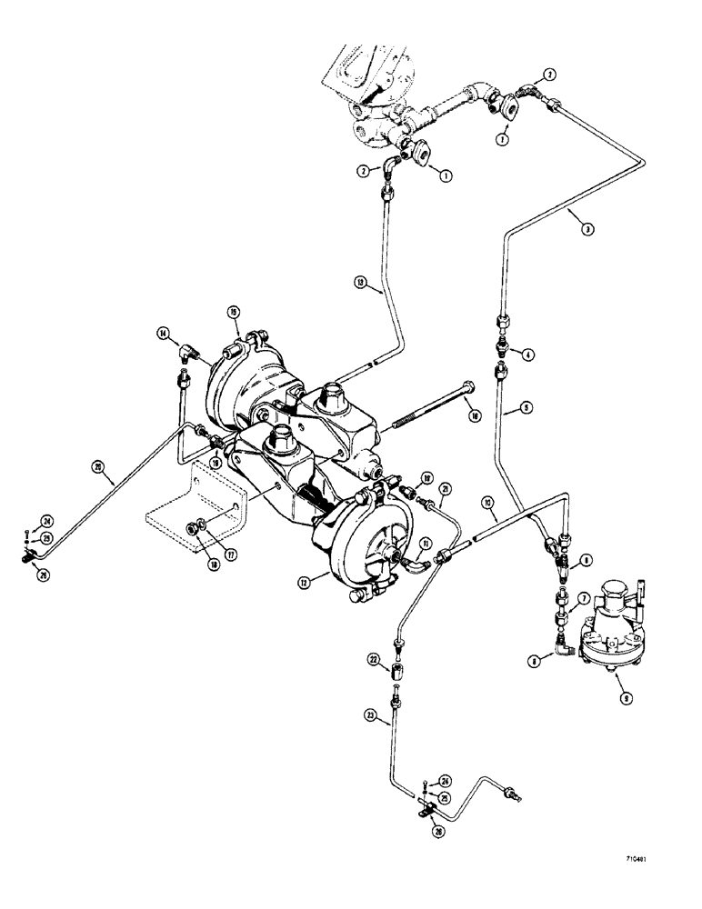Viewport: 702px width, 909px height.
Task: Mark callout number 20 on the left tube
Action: (96, 469)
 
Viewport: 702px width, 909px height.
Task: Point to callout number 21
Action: (445, 491)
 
